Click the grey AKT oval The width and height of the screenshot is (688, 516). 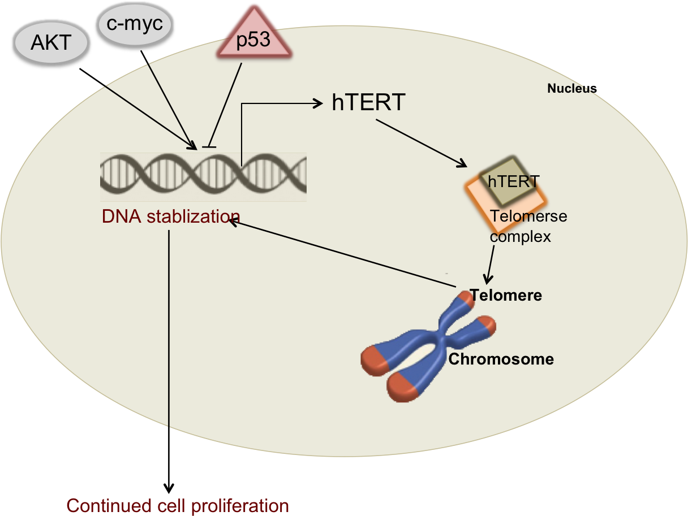51,43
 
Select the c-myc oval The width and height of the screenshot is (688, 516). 134,25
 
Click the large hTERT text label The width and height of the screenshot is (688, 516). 368,103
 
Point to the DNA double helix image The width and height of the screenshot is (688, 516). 203,176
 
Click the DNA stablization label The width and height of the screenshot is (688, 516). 171,216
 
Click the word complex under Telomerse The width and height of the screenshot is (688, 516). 520,236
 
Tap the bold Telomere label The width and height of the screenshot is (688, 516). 506,295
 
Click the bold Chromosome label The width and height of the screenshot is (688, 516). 501,359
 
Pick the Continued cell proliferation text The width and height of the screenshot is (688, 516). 178,505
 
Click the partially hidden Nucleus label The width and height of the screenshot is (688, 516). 569,89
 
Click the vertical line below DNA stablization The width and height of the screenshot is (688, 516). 169,328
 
